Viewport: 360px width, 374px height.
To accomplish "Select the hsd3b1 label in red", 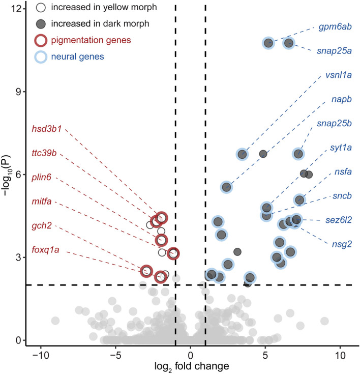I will point(46,128).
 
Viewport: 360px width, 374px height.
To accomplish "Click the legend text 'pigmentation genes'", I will point(94,40).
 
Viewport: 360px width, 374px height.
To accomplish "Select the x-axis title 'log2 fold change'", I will point(190,365).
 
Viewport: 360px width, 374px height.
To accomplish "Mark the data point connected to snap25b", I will point(298,154).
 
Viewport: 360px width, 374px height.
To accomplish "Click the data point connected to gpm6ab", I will point(268,43).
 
